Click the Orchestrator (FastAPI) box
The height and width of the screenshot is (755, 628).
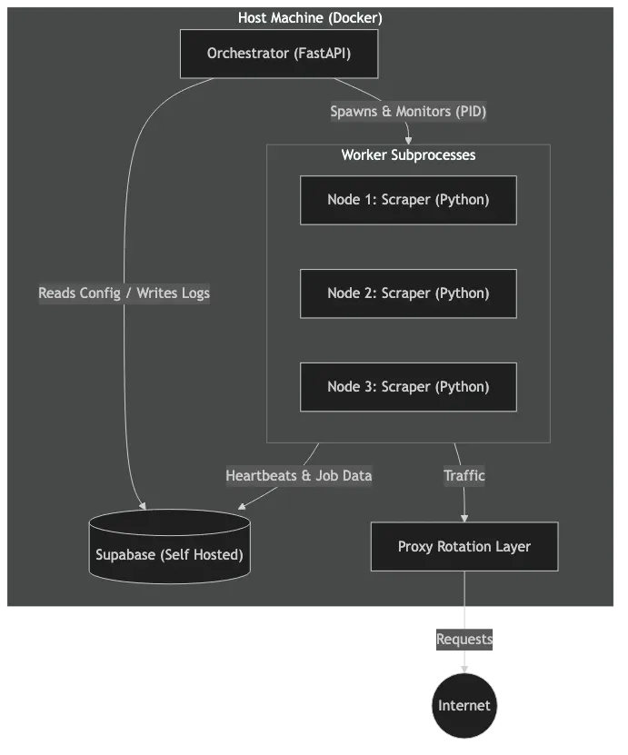pos(278,54)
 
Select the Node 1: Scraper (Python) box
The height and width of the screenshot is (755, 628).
pos(408,200)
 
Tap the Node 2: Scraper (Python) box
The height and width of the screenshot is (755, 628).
pos(408,293)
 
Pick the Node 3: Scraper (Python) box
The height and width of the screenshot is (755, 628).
pos(408,387)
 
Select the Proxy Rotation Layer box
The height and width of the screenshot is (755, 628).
pos(464,547)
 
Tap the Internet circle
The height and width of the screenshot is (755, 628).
pos(464,706)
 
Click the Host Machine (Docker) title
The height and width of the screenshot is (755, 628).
pos(310,18)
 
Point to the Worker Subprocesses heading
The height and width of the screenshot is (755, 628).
pos(408,155)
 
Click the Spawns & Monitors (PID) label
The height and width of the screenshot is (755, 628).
pos(408,112)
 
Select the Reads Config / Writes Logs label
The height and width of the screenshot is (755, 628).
pos(124,293)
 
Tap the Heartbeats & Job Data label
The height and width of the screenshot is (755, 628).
pos(298,475)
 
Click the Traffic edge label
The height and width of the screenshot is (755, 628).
pos(464,475)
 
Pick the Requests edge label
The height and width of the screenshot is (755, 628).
pos(464,640)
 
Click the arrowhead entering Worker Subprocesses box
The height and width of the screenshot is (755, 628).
pos(408,140)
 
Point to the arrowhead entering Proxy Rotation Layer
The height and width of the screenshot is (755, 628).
pos(464,517)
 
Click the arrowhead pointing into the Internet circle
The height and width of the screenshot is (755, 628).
pos(464,669)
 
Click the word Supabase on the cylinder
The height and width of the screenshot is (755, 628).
pos(125,554)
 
